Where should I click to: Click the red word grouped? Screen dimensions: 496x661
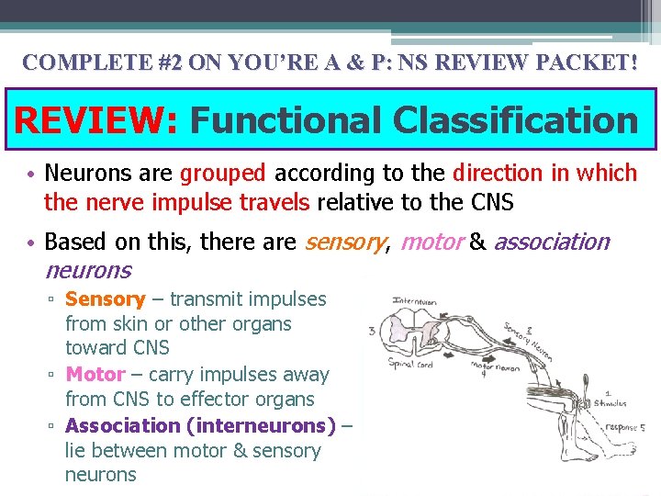click(x=223, y=174)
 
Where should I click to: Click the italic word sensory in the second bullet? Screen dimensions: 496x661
click(x=344, y=242)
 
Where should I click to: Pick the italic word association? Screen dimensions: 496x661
click(x=552, y=242)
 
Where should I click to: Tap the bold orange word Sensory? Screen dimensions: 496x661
click(x=106, y=299)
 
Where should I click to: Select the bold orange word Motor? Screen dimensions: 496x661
click(x=95, y=375)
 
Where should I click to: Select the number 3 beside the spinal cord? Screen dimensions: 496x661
click(x=370, y=332)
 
